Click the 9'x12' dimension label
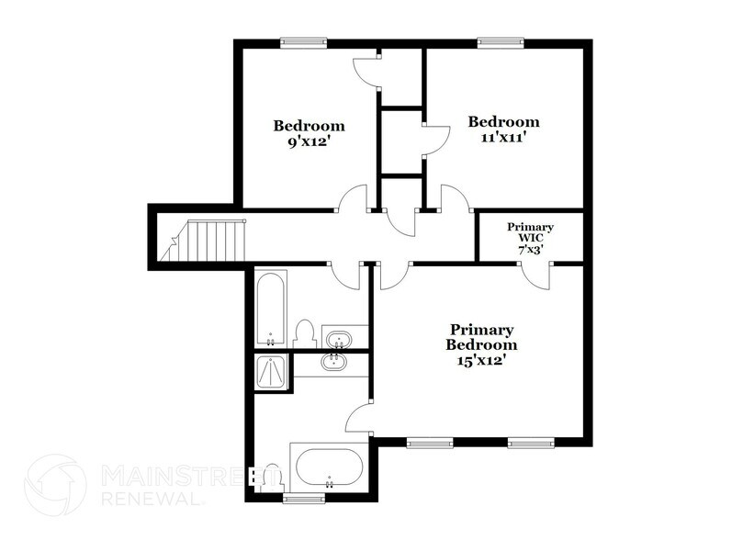(308, 141)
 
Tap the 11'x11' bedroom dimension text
(503, 138)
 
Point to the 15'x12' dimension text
(480, 361)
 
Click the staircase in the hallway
(204, 241)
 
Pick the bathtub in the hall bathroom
(271, 308)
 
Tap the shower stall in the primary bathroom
(271, 372)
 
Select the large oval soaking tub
(330, 467)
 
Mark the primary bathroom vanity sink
(333, 363)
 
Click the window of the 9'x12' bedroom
(303, 43)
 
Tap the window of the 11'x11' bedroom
(501, 43)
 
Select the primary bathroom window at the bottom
(304, 498)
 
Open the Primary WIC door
(537, 276)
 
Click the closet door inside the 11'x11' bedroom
(436, 140)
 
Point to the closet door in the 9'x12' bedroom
(367, 72)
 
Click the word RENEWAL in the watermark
(151, 499)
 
